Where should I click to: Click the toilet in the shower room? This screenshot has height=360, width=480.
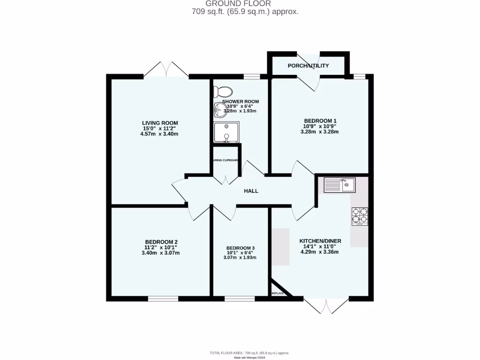224,91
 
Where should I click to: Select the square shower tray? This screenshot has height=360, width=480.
227,132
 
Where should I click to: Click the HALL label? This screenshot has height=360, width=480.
251,191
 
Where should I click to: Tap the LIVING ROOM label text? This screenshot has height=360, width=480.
160,123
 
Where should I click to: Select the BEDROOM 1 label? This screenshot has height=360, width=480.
320,120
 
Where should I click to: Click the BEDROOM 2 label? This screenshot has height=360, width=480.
161,242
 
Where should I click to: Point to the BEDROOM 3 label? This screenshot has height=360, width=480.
240,248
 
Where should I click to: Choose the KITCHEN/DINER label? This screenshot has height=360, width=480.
320,241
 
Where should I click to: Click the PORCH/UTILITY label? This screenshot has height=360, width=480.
308,66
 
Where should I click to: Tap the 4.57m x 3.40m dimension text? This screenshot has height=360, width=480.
160,134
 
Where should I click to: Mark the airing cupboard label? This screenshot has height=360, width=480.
226,160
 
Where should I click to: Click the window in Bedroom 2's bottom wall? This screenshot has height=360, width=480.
163,299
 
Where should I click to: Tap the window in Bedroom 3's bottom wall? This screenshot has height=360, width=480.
240,299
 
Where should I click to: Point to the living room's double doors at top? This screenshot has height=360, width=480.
166,70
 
